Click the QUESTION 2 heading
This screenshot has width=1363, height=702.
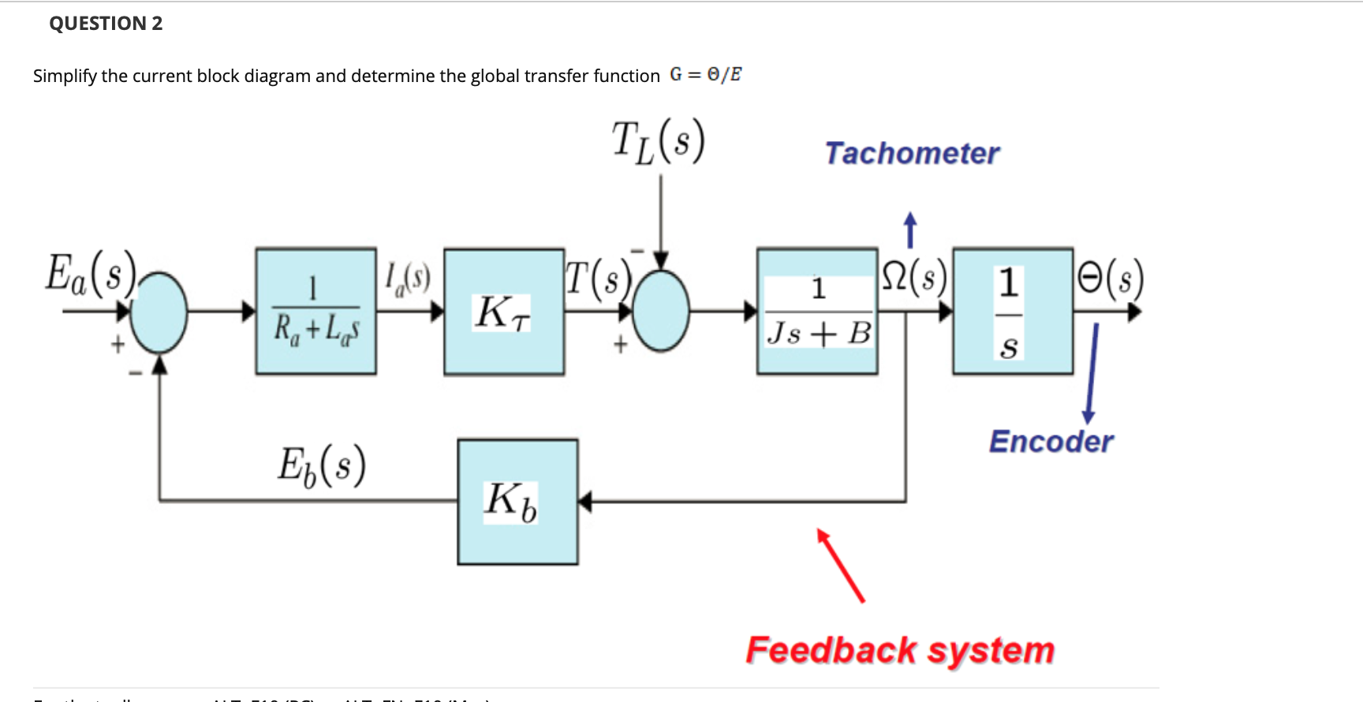tap(106, 24)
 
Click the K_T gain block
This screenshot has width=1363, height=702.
tap(504, 312)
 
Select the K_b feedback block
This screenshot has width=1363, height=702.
tap(517, 502)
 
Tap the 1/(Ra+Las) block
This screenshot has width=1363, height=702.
tap(316, 312)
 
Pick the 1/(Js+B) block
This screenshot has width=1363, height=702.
tap(817, 312)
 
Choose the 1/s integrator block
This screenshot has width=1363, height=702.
tap(1012, 312)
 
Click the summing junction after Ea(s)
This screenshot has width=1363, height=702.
tap(159, 312)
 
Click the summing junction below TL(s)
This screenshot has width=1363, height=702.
tap(661, 311)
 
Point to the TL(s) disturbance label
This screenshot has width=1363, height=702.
tap(659, 142)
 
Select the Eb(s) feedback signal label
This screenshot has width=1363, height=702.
tap(321, 465)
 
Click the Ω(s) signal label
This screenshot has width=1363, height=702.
tap(913, 278)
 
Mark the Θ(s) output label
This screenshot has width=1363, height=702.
tap(1110, 278)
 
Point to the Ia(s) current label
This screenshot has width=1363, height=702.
tap(407, 278)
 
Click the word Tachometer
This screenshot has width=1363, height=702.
tap(912, 153)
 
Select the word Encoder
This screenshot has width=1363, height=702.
tap(1051, 442)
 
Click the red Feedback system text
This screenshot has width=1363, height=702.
tap(900, 651)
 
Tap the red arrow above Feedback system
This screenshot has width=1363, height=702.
tap(841, 566)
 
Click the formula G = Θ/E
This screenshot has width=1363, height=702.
tap(705, 75)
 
